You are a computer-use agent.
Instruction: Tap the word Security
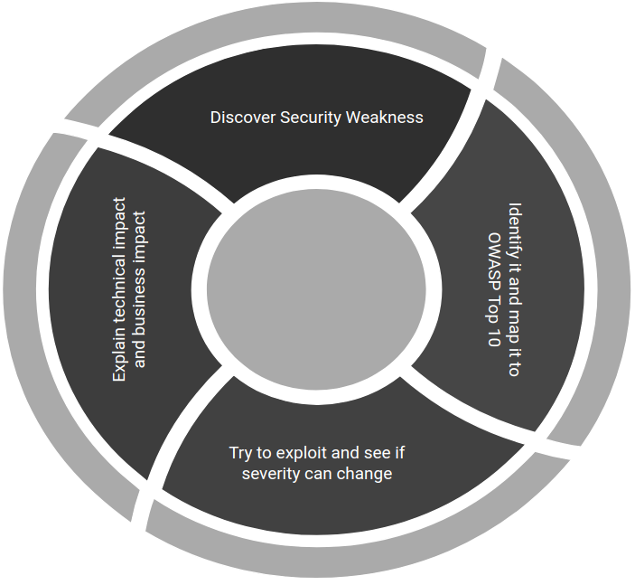pyautogui.click(x=313, y=118)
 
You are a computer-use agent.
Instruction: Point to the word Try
pyautogui.click(x=243, y=452)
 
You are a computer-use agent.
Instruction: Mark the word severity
pyautogui.click(x=272, y=473)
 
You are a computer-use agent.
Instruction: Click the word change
pyautogui.click(x=366, y=473)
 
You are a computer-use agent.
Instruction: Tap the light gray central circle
pyautogui.click(x=315, y=288)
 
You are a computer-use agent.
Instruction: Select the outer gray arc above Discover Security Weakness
pyautogui.click(x=271, y=36)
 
